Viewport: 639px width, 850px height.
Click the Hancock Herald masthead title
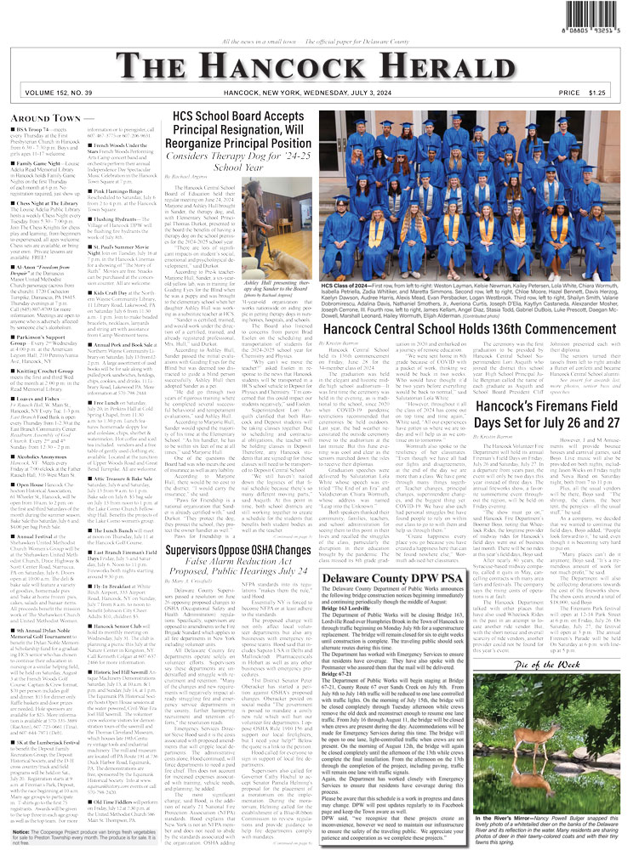coord(319,67)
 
